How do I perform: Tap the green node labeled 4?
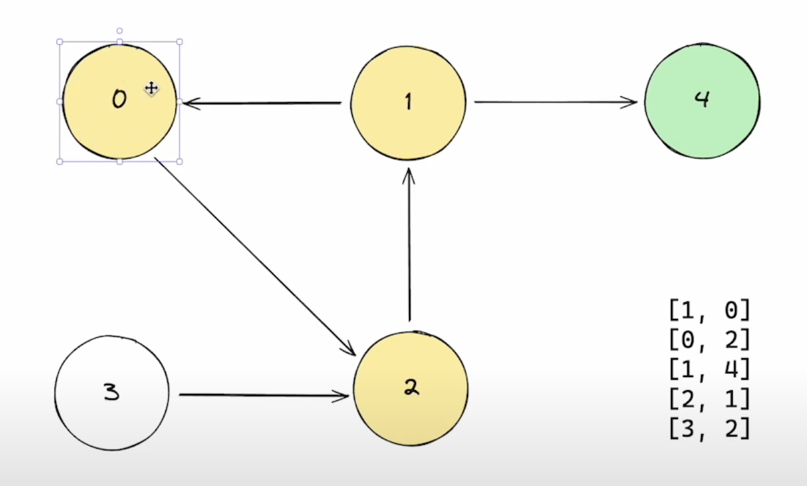coord(702,100)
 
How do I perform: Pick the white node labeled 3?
coord(112,393)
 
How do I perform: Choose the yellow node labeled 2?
coord(410,389)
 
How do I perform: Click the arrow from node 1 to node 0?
coord(263,103)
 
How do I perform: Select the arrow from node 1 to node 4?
coord(554,102)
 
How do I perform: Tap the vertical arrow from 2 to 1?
coord(409,244)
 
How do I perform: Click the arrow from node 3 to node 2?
coord(263,395)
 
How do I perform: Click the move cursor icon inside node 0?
coord(151,88)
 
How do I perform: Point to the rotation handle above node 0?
coord(119,31)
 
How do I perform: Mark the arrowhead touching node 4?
coord(632,102)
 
